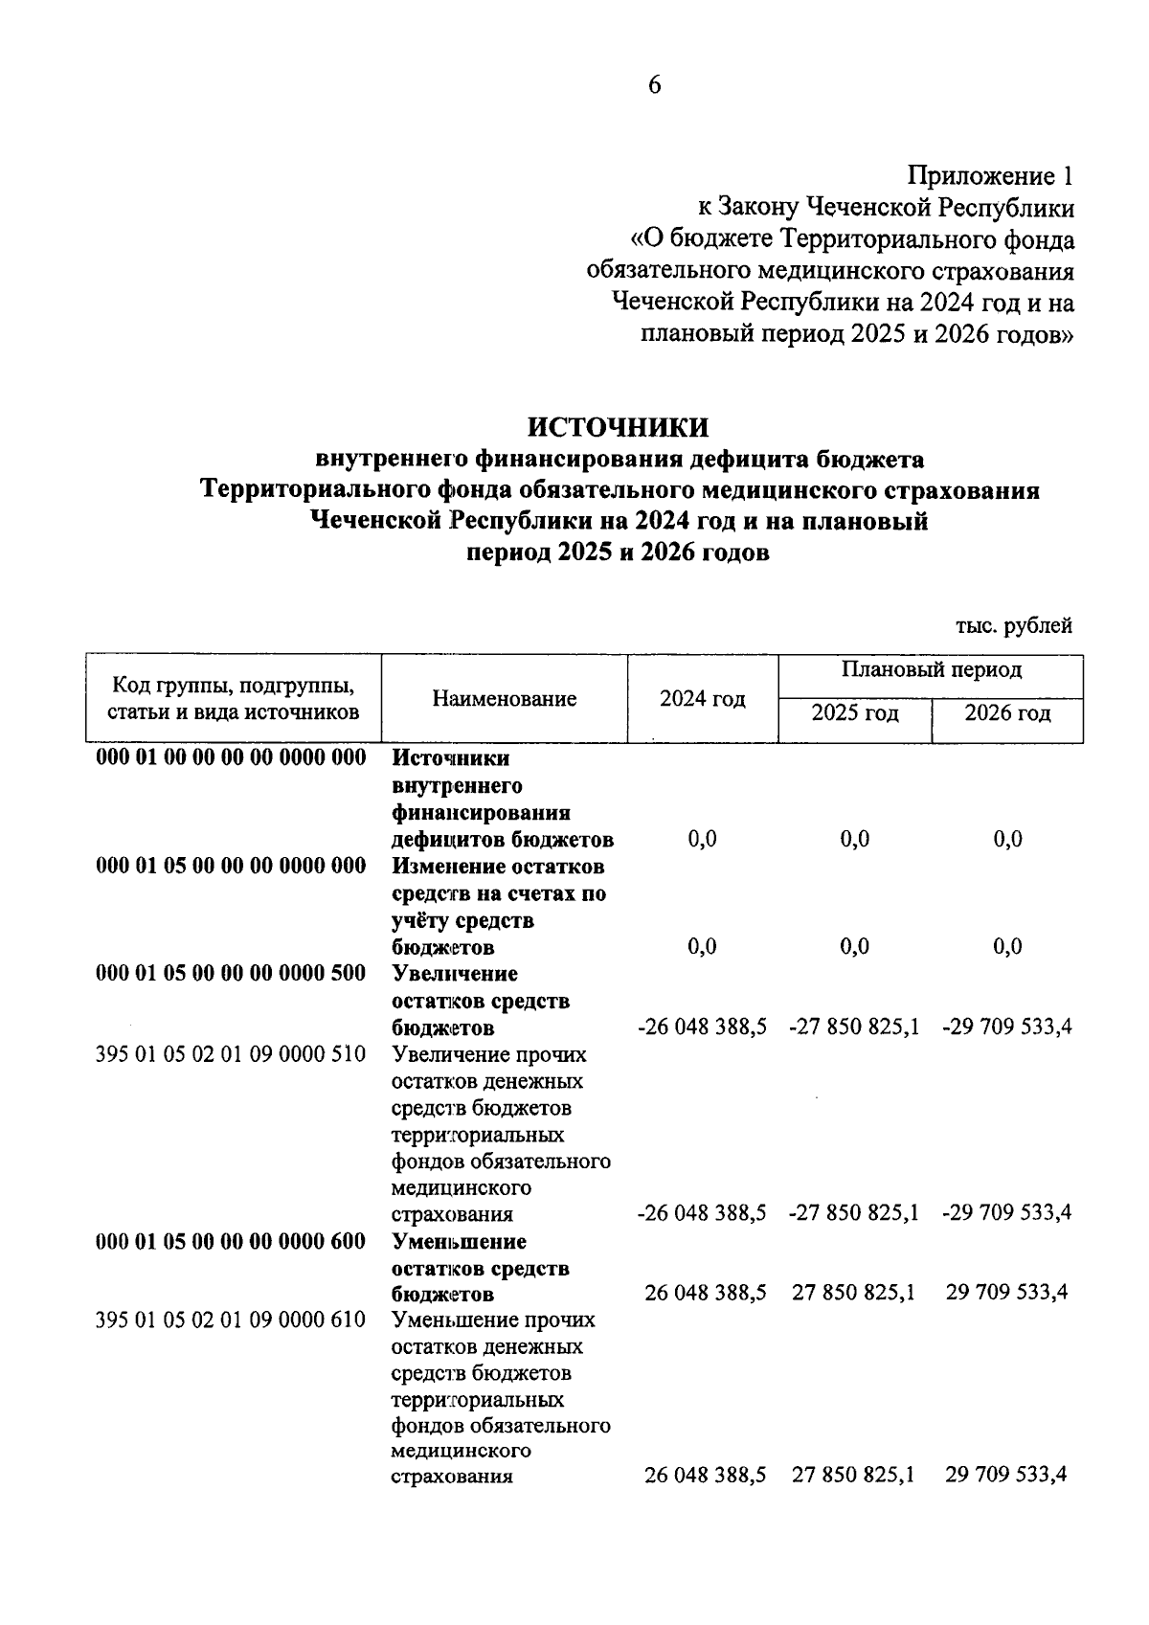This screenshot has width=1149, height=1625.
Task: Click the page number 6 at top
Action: point(654,85)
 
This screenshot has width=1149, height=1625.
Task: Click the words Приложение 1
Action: point(990,176)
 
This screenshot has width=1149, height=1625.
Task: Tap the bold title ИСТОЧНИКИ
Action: point(620,427)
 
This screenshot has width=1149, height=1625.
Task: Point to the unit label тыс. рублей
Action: point(1013,626)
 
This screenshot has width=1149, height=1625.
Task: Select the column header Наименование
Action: point(504,699)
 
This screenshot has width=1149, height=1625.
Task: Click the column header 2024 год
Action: point(702,699)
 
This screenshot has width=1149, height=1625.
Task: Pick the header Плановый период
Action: point(931,669)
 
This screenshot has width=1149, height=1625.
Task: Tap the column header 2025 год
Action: point(854,713)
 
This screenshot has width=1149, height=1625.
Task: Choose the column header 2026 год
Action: point(1006,713)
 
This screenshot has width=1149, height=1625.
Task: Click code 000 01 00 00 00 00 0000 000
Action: point(231,758)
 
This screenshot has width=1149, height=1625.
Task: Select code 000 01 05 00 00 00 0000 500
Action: point(231,974)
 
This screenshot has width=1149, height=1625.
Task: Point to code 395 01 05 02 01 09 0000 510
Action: point(231,1054)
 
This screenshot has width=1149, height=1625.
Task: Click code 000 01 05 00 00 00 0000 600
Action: point(231,1242)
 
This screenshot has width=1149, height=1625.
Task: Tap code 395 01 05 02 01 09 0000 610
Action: point(231,1320)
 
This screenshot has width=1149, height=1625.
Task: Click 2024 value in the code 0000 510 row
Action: point(702,1214)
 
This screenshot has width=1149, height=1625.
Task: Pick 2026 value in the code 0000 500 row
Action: point(1006,1027)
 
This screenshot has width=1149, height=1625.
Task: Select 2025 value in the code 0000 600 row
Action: point(853,1294)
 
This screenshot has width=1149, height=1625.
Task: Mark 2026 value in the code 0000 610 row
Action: point(1006,1476)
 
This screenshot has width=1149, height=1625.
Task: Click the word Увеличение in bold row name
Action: point(455,974)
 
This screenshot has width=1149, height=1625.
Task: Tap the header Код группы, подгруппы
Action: point(234,686)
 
